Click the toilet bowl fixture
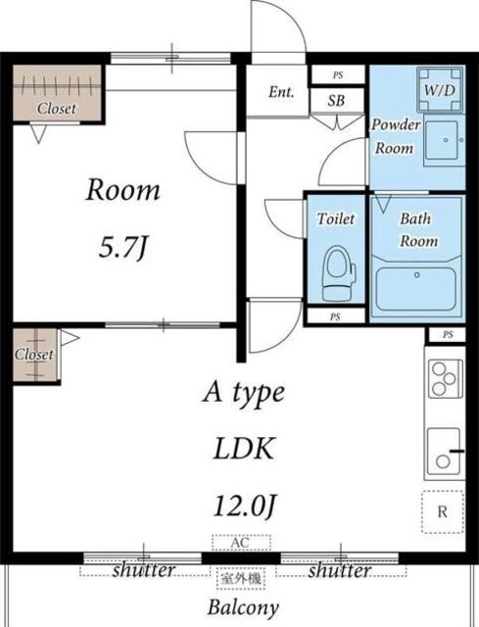[x=338, y=273]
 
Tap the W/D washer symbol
[x=440, y=90]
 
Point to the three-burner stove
[x=446, y=379]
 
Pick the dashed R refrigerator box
[x=443, y=511]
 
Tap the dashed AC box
[x=242, y=543]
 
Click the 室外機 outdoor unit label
[x=241, y=578]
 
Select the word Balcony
[x=243, y=608]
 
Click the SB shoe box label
[x=336, y=100]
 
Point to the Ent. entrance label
[x=281, y=92]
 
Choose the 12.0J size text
[x=245, y=506]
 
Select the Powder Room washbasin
[x=445, y=142]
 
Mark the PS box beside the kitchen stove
[x=448, y=335]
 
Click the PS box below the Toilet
[x=335, y=316]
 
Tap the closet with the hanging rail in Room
[x=57, y=93]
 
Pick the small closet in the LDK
[x=35, y=355]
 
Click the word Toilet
[x=336, y=218]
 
